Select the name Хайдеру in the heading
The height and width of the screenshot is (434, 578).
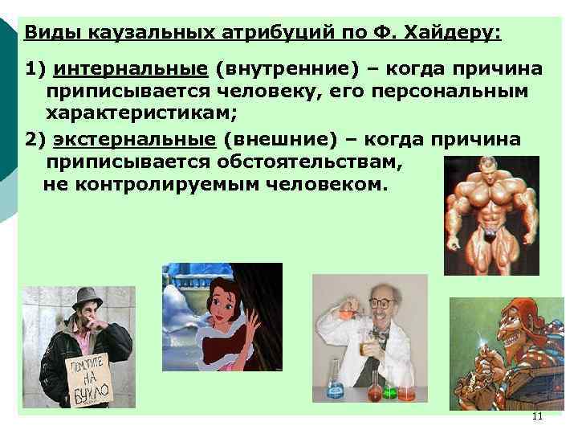(x=449, y=33)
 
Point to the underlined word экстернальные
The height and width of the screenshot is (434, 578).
(x=135, y=140)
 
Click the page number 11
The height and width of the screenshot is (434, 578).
(x=537, y=416)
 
